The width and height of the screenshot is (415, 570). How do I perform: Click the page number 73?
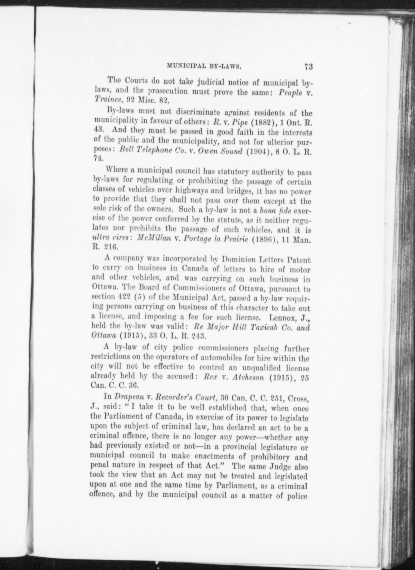click(308, 66)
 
